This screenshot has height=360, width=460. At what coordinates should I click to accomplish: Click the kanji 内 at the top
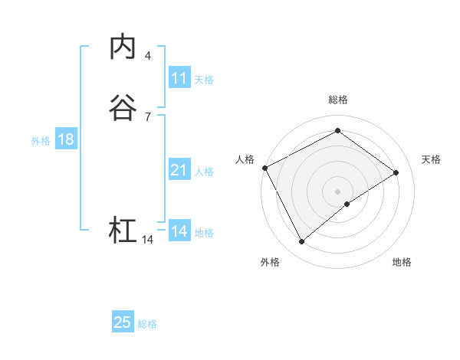tap(123, 47)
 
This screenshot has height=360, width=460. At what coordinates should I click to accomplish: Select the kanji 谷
tap(123, 108)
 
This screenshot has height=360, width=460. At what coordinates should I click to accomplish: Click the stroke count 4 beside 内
tap(147, 56)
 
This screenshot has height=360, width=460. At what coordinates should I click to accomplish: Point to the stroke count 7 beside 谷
tap(147, 116)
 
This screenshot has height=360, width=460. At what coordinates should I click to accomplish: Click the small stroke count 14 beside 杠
tap(148, 240)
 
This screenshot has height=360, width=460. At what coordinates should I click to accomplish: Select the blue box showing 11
tap(179, 78)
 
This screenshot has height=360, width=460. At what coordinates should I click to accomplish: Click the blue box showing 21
tap(179, 170)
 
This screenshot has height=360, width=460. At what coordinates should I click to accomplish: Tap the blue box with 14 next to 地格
tap(179, 231)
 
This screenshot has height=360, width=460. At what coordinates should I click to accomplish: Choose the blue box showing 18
tap(65, 139)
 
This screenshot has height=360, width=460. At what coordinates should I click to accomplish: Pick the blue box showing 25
tap(123, 322)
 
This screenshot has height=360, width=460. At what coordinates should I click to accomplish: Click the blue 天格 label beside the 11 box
tap(204, 80)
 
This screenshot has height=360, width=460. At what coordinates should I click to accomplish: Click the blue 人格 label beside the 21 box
tap(204, 172)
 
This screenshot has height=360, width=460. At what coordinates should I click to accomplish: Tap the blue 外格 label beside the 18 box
tap(41, 141)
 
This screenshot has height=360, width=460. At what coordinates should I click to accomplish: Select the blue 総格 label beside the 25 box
tap(147, 324)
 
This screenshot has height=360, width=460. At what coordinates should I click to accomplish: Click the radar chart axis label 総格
tap(337, 100)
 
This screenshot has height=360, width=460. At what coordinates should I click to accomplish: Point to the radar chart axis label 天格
tap(431, 159)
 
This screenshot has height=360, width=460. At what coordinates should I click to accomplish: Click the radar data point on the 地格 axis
tap(348, 204)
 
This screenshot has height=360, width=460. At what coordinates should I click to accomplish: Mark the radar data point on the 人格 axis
tap(264, 168)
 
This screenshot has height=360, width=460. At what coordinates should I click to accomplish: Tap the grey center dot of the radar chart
tap(337, 191)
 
